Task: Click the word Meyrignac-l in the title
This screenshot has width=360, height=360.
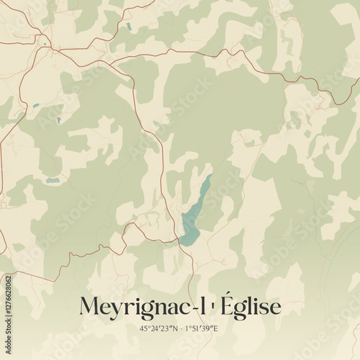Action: coord(137,305)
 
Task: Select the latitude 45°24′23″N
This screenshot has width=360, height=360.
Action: coord(159,328)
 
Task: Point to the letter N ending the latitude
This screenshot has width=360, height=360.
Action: coord(175,328)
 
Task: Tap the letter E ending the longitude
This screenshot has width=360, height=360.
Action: coord(217,328)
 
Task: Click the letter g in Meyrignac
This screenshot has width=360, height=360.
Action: coord(147,309)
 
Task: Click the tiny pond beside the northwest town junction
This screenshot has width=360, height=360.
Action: coord(45,44)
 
